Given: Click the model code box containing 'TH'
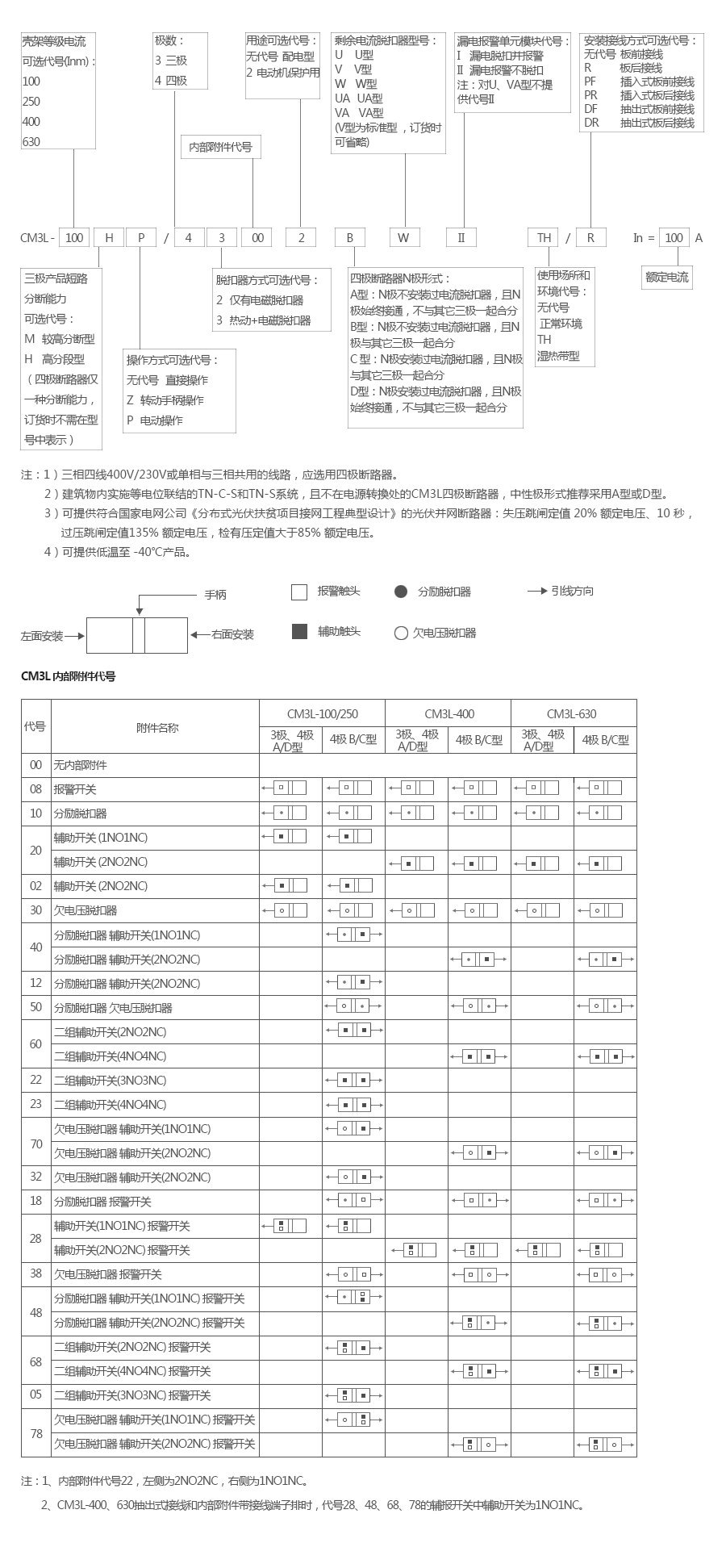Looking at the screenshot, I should (x=544, y=237).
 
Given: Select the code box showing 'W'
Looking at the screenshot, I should (x=404, y=237).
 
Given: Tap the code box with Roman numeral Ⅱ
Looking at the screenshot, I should (x=461, y=237).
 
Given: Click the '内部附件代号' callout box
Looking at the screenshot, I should (x=220, y=147).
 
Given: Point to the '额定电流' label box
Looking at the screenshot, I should (x=667, y=277).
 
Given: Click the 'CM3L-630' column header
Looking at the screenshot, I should (x=573, y=713).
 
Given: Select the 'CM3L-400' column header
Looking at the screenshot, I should (x=449, y=713).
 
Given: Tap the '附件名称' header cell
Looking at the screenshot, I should (x=157, y=727).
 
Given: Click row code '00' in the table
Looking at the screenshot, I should (x=35, y=765).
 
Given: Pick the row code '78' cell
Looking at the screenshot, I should (x=35, y=1433).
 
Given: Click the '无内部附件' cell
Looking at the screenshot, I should (x=80, y=765).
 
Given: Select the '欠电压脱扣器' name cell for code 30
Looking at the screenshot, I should (x=86, y=910).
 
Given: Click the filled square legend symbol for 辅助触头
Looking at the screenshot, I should (x=299, y=632).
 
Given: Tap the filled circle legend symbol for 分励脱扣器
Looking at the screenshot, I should (x=401, y=592).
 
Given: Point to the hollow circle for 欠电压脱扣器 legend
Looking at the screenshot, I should (x=401, y=634).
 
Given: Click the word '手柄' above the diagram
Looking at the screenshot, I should (x=215, y=595).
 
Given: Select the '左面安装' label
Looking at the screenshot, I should (x=42, y=636).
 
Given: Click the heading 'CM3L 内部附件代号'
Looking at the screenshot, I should (x=68, y=676).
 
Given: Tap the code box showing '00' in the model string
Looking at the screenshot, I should (x=257, y=237).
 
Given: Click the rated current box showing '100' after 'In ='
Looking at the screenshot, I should (x=674, y=237).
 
